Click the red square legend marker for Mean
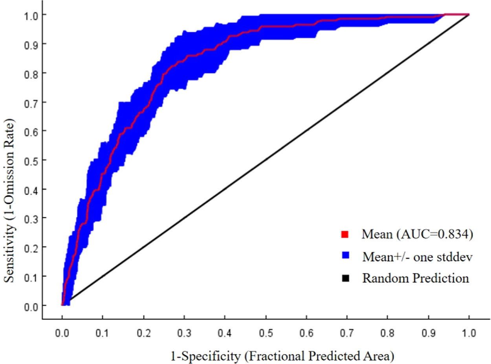pyautogui.click(x=344, y=235)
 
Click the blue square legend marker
pyautogui.click(x=344, y=257)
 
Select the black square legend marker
pyautogui.click(x=344, y=278)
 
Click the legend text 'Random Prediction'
pyautogui.click(x=416, y=278)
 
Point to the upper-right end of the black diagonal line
pyautogui.click(x=469, y=15)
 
